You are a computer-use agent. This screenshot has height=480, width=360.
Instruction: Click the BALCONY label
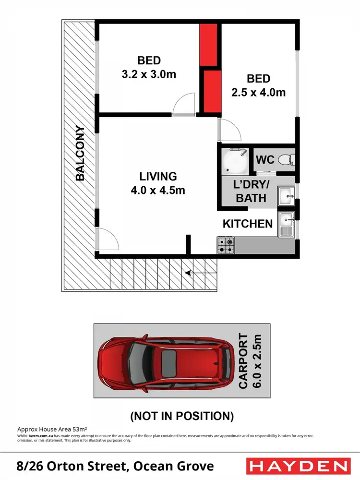tap(80, 153)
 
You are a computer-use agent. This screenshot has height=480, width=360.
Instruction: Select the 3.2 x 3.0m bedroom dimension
tap(149, 75)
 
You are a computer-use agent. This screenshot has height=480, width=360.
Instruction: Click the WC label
tap(265, 159)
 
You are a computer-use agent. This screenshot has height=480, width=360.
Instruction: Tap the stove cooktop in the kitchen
tap(226, 246)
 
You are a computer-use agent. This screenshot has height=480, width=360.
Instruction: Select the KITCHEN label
tap(248, 224)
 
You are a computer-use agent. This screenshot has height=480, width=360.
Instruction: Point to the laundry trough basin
tap(287, 196)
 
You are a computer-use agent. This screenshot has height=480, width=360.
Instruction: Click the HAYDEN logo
tap(298, 466)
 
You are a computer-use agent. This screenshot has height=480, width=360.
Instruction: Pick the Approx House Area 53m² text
tap(51, 428)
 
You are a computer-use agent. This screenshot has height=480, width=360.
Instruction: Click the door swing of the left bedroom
tap(184, 105)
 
